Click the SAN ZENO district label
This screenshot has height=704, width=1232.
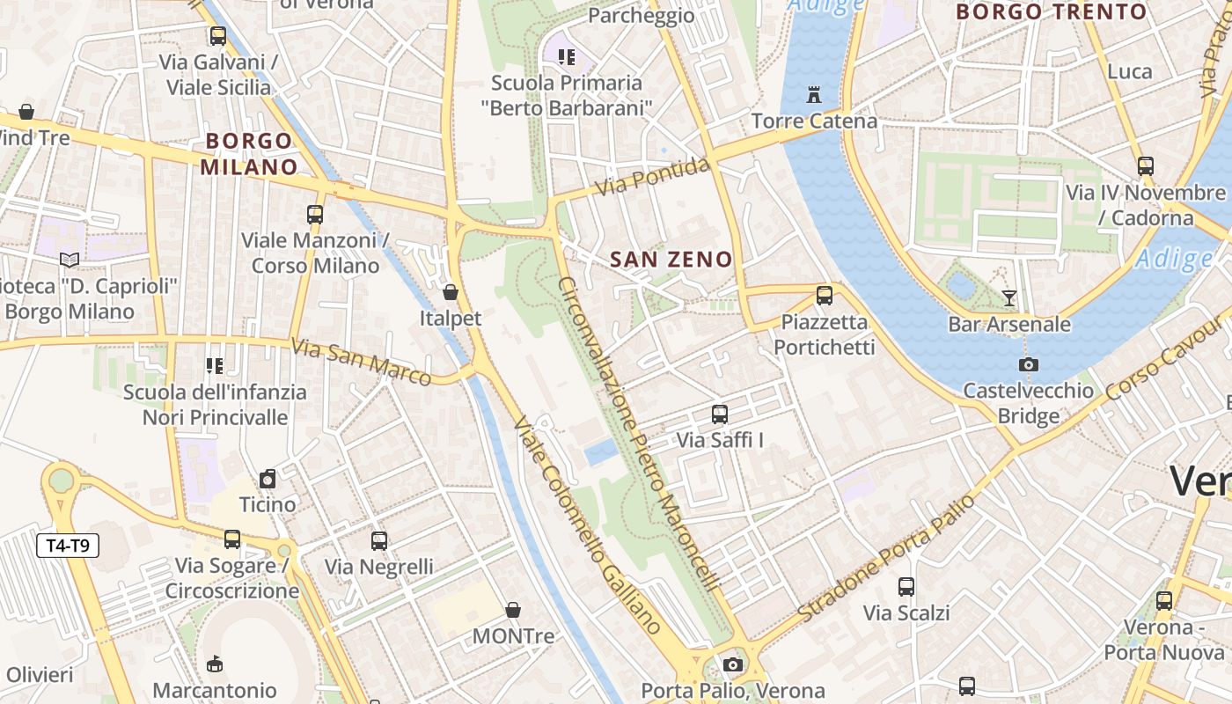671,260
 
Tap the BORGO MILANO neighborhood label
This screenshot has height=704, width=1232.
249,154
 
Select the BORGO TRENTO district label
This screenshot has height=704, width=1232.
1052,11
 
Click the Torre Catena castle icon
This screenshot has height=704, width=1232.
813,94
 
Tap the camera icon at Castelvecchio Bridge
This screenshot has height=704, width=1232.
1028,364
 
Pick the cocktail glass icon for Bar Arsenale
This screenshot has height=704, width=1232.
1009,298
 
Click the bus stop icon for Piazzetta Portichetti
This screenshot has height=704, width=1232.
825,296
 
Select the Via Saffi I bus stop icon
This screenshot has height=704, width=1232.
720,414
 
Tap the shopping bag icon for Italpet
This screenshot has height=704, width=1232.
451,292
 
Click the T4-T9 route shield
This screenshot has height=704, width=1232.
68,546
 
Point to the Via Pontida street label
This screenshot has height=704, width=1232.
652,177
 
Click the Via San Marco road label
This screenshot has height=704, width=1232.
361,362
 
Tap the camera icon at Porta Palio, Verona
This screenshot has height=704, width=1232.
733,664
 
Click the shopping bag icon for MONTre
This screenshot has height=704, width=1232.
513,609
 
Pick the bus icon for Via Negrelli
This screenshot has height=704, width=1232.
379,540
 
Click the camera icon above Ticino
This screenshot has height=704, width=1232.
268,479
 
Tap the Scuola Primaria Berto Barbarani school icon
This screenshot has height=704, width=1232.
567,57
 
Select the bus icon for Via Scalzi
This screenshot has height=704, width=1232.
906,586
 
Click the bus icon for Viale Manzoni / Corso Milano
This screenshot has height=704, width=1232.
315,214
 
